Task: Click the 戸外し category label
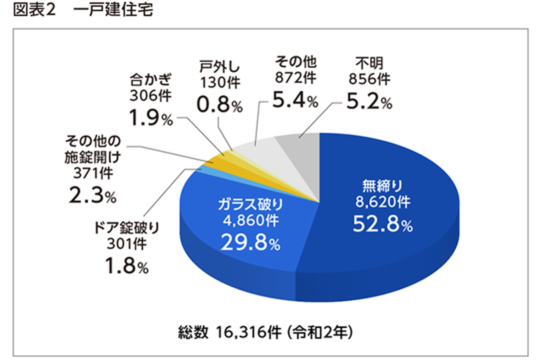pyautogui.click(x=219, y=67)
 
